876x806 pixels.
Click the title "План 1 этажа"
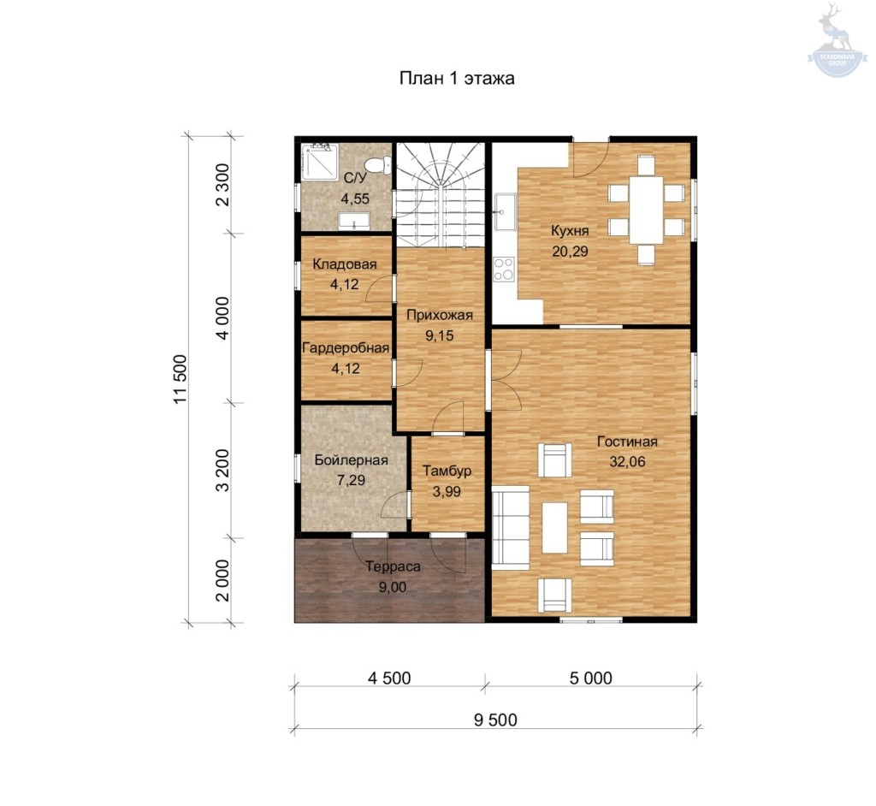[x=457, y=78]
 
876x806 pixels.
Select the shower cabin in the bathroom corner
[x=320, y=162]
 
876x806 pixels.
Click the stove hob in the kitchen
[x=504, y=269]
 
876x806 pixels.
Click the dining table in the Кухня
[x=647, y=210]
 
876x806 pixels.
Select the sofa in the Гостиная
[x=510, y=528]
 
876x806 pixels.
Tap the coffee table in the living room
[x=554, y=528]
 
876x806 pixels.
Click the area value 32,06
[x=627, y=462]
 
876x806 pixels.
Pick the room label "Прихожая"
[x=439, y=315]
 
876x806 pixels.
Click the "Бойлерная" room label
[x=351, y=460]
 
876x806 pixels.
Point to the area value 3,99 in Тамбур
[x=447, y=491]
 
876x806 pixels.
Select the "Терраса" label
[x=393, y=566]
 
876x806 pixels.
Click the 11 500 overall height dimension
[x=181, y=379]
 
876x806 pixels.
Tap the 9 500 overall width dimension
[x=495, y=720]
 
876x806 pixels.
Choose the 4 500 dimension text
[x=389, y=678]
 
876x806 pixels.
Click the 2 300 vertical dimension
[x=222, y=185]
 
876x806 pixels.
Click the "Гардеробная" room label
[x=346, y=348]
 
